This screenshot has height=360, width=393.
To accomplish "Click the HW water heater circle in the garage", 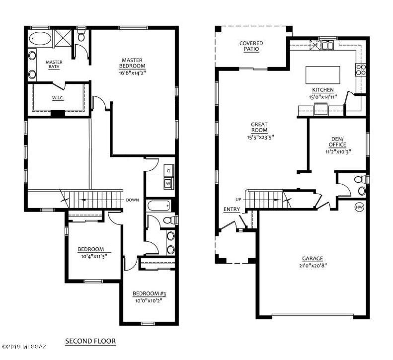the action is [359, 207].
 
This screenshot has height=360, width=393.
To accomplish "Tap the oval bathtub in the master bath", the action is [40, 39].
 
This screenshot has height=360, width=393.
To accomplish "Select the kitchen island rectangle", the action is [322, 75].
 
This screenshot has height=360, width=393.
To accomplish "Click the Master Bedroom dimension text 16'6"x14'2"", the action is [132, 73].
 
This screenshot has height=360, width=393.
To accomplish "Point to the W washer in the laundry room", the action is [168, 183].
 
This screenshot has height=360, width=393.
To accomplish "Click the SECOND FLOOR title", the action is [90, 341].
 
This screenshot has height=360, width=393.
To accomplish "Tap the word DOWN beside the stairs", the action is [132, 200].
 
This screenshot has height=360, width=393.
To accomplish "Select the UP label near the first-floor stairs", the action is [238, 200].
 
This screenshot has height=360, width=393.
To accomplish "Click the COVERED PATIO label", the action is [251, 46].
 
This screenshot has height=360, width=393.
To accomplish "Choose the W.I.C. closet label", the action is [58, 98].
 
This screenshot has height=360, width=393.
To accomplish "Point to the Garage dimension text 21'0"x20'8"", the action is [313, 265].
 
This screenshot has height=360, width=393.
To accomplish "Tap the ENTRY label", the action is [232, 209].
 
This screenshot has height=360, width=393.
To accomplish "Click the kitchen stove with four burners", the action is [361, 70].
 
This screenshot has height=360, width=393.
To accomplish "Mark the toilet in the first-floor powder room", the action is [360, 179].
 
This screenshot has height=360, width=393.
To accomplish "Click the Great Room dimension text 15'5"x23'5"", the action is [259, 137].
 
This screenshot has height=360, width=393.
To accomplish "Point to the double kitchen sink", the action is [327, 45].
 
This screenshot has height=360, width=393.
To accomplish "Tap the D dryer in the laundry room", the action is [168, 171].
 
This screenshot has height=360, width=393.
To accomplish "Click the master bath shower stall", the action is [63, 38].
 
